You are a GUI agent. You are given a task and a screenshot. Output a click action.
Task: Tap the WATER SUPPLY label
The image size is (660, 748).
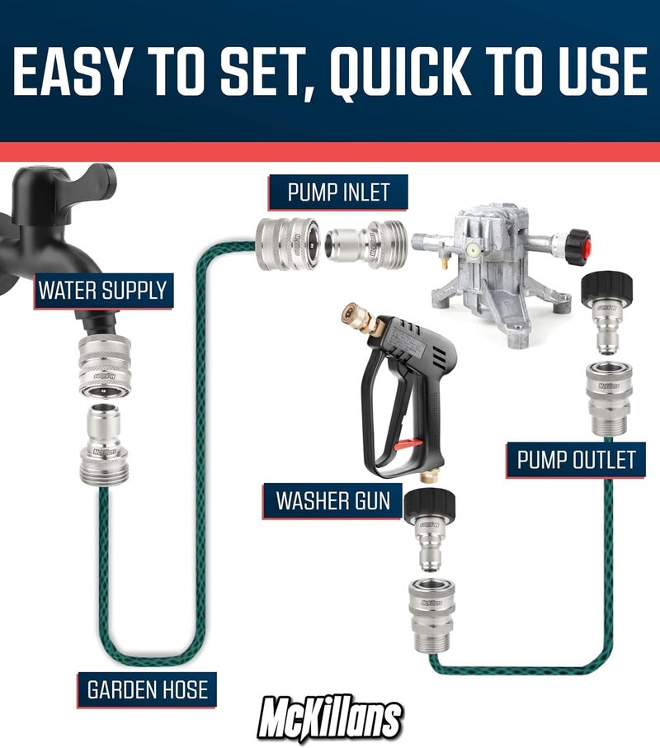(x=103, y=291)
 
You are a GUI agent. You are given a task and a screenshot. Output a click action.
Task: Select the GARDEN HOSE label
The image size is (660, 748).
(x=148, y=688)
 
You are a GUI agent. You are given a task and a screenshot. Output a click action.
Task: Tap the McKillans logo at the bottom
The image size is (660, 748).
(x=330, y=717)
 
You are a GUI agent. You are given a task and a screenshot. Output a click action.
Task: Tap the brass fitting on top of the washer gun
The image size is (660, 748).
(x=370, y=322)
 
